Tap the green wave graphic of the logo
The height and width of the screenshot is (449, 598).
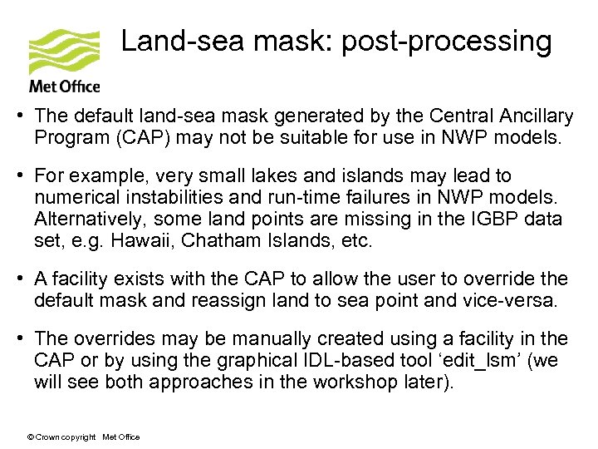pos(63,52)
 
